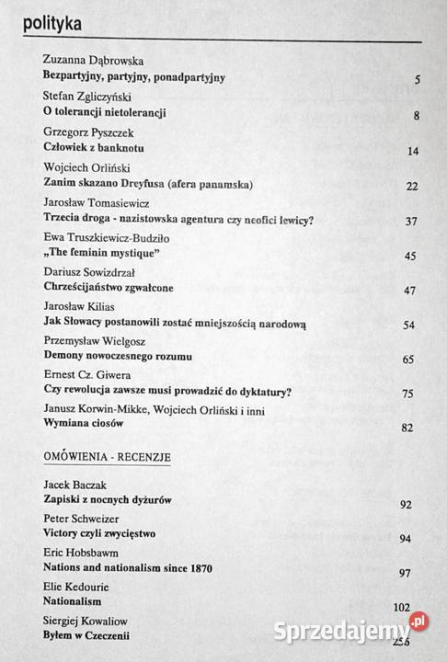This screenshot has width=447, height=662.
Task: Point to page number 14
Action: [413, 151]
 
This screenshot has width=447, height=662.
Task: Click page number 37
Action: [411, 221]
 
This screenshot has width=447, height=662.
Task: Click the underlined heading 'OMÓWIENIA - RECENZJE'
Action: [109, 456]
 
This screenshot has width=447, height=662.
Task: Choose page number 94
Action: [408, 539]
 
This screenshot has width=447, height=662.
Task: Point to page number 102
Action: [401, 608]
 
